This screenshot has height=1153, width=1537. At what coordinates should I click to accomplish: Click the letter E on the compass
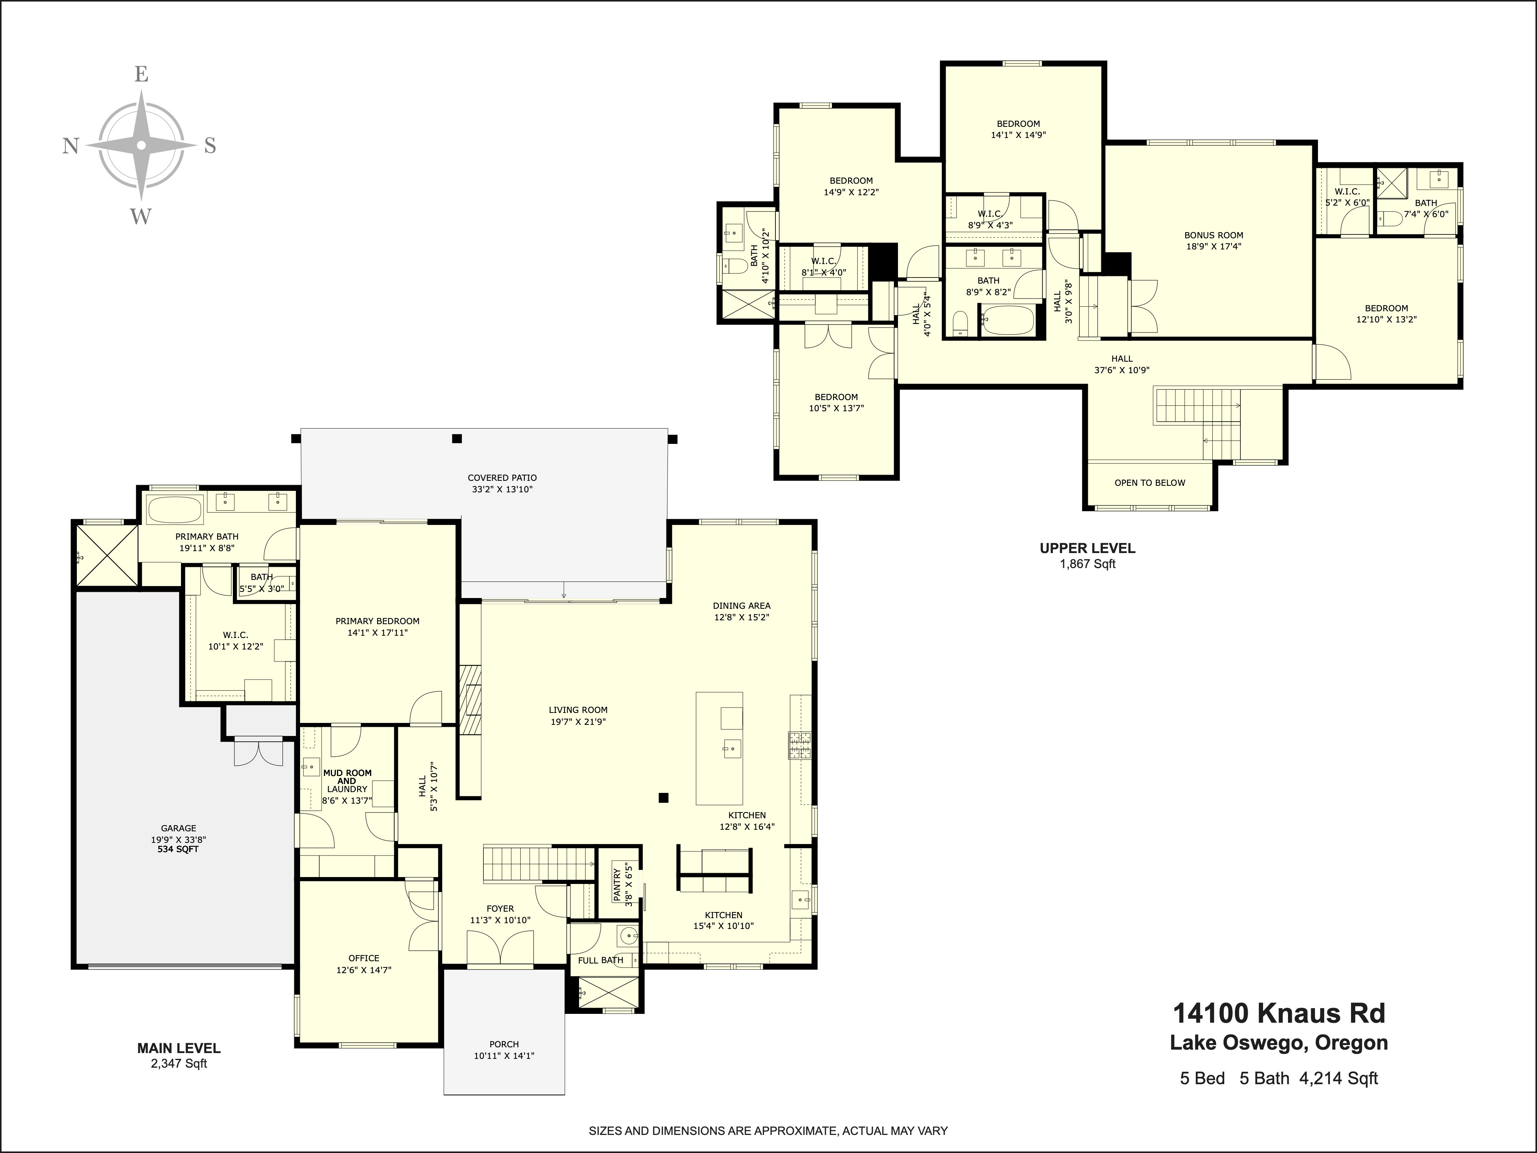point(141,74)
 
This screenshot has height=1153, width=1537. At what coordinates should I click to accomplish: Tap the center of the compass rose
point(141,145)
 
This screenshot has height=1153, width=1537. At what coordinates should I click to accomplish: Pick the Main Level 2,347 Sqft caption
point(179,1055)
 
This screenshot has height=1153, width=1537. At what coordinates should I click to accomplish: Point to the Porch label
point(504,1050)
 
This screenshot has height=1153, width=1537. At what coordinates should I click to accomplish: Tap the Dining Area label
point(741,611)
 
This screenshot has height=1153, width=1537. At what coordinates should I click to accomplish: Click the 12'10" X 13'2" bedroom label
point(1386,314)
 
